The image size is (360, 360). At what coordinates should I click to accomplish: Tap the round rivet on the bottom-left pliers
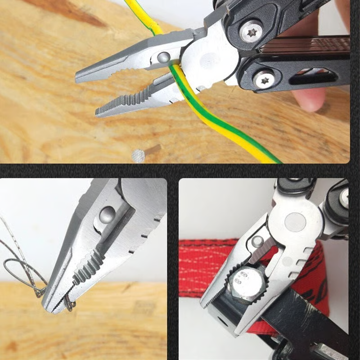coord(107,215)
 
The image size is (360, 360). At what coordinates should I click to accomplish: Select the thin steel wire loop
coord(18,265)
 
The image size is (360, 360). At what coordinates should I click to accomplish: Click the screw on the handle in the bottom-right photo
coord(344,198)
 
